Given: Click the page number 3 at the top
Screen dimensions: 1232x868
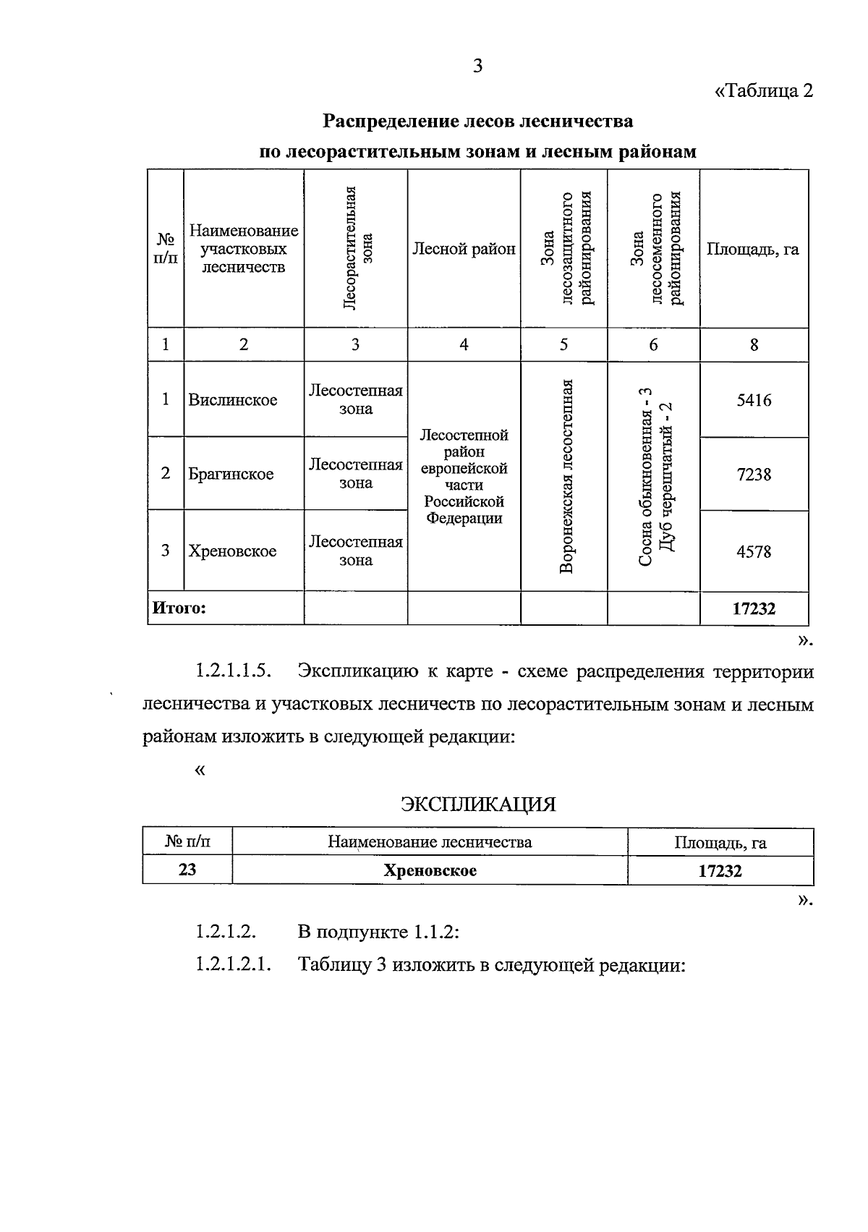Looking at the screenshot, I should click(x=477, y=67).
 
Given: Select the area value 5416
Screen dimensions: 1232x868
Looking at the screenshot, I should click(x=754, y=400).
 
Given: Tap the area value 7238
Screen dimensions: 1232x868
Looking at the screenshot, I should click(x=754, y=475).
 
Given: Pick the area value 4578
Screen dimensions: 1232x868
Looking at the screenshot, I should click(x=754, y=552).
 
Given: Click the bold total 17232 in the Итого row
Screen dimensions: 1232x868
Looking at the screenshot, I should click(x=754, y=608).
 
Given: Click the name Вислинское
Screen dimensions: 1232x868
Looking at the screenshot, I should click(x=233, y=400).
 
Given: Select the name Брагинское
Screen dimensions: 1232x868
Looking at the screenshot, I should click(x=231, y=475).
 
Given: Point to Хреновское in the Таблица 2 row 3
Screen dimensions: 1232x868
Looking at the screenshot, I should click(x=232, y=551).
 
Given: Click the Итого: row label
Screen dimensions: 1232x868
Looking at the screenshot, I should click(x=179, y=608).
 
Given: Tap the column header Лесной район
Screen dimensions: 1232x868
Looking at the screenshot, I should click(x=464, y=250).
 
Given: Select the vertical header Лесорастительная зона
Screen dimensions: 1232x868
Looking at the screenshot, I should click(x=355, y=248).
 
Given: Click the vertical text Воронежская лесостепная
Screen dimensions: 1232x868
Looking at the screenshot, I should click(x=567, y=476).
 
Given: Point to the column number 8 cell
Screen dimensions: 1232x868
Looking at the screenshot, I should click(x=754, y=345).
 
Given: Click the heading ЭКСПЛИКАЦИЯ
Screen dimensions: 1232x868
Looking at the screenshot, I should click(x=478, y=804).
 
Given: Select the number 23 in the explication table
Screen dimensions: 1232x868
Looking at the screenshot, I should click(x=187, y=870).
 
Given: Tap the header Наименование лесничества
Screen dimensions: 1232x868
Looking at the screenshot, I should click(x=430, y=842).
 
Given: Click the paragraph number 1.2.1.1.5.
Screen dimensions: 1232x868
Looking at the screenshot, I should click(x=233, y=671).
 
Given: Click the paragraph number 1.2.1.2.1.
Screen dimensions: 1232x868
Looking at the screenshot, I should click(x=233, y=965).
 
